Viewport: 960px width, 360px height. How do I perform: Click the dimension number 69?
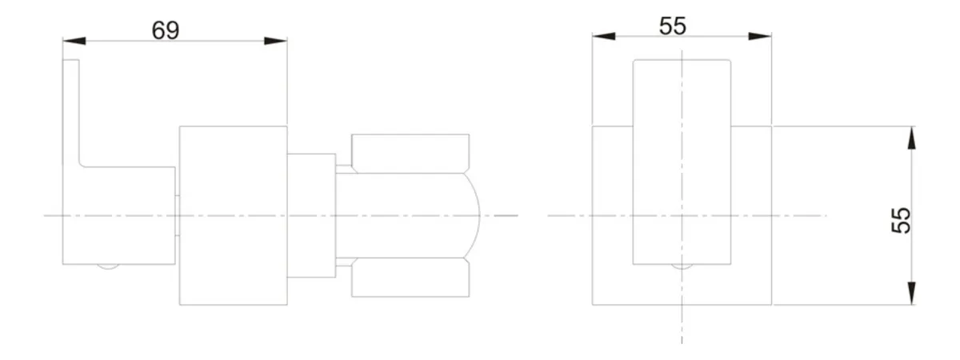point(166,30)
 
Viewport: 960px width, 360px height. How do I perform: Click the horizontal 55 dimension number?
point(673,26)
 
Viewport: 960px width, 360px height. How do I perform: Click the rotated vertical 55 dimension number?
point(901,220)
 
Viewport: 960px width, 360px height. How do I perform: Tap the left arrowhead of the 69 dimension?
point(74,41)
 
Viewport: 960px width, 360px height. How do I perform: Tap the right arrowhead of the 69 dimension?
point(275,41)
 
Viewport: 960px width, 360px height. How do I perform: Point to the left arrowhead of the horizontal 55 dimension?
point(604,36)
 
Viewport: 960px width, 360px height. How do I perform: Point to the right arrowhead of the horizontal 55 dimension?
point(760,36)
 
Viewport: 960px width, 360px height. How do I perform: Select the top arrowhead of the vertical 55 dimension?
point(911,138)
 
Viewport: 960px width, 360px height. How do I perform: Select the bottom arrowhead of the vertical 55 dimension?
point(911,294)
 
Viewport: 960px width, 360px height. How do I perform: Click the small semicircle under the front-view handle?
point(682,266)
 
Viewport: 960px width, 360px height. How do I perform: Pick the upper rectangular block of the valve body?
point(410,154)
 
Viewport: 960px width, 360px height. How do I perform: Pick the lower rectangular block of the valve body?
point(410,278)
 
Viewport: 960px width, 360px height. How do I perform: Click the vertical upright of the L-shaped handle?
point(71,112)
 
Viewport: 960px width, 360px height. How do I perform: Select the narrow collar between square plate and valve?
point(311,215)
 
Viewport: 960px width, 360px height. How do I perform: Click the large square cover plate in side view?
point(233,215)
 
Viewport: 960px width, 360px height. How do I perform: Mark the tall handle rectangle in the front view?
point(682,162)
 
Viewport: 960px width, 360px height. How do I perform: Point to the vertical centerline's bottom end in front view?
point(682,344)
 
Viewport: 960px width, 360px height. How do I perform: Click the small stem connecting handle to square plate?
point(177,215)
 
